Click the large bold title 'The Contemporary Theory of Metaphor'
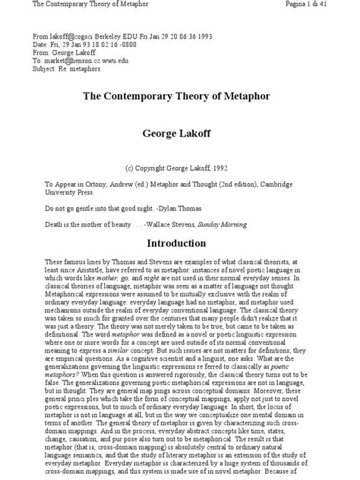pos(179,99)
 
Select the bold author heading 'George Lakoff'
pos(179,133)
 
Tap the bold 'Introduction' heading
pos(179,245)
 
